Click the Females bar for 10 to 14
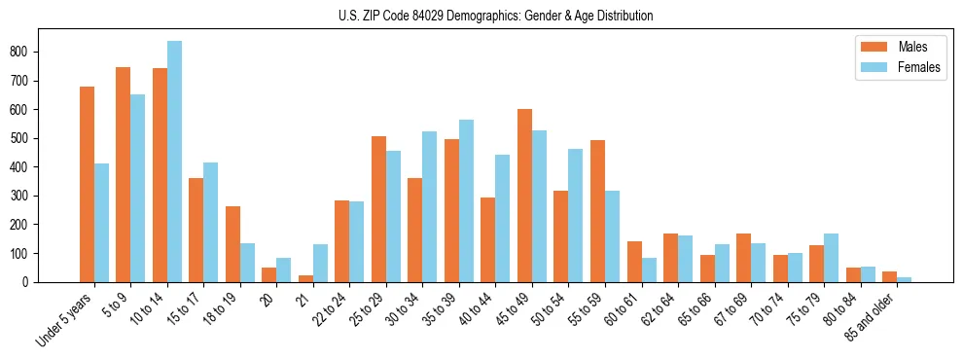(174, 162)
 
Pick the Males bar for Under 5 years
(87, 184)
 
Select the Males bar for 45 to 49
(524, 196)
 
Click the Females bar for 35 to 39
(466, 200)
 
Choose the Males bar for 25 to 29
(378, 209)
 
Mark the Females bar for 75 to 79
(831, 258)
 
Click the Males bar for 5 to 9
(123, 174)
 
